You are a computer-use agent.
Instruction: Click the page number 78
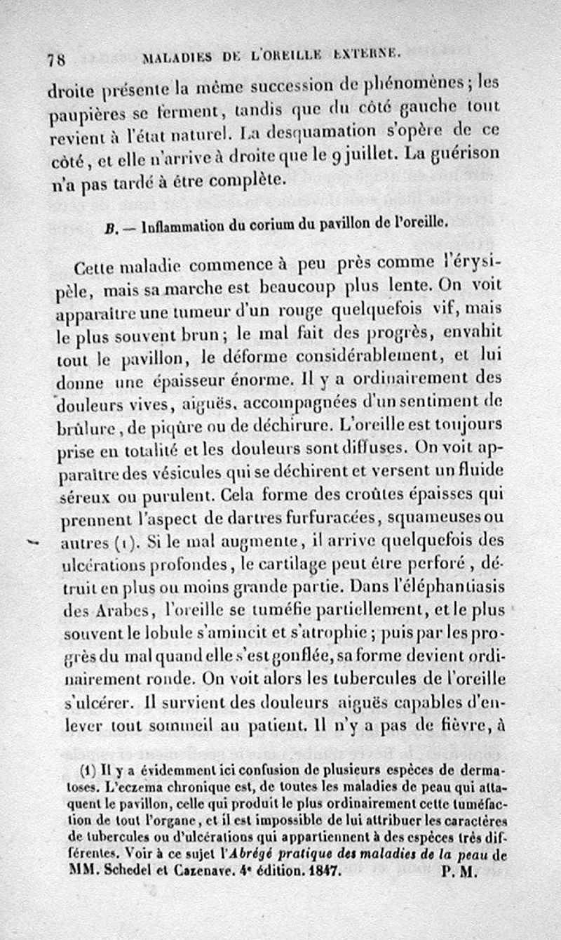(x=57, y=60)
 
